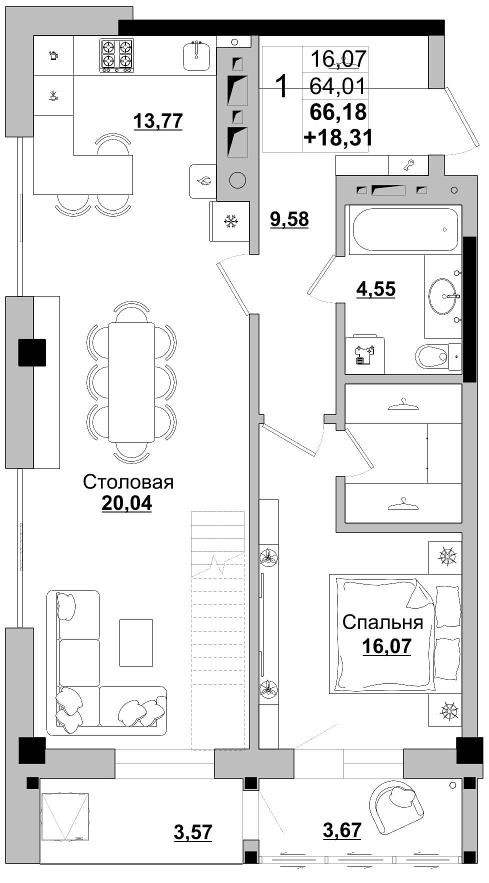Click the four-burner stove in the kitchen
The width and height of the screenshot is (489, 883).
[117, 55]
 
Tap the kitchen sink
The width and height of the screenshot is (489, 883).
[196, 56]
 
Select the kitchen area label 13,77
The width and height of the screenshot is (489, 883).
[158, 121]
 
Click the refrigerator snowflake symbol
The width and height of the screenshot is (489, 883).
[230, 221]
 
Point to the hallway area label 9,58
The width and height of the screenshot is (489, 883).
[289, 219]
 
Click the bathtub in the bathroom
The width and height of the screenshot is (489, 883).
[405, 229]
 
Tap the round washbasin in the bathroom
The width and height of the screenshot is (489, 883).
[442, 296]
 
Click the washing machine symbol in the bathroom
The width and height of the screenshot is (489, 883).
[364, 355]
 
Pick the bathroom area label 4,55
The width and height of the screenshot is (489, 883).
[376, 289]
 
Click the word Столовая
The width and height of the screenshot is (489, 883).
[128, 482]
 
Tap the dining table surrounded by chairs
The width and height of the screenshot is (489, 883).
[131, 382]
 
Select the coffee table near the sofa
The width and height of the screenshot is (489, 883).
[136, 642]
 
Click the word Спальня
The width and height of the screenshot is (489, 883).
[382, 622]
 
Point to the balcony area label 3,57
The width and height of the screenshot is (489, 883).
[193, 832]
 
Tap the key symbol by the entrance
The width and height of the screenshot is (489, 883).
[409, 165]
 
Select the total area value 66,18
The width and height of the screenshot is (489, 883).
[338, 111]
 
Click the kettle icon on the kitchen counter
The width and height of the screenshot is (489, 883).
[53, 55]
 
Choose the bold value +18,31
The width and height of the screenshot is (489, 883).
[338, 137]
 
